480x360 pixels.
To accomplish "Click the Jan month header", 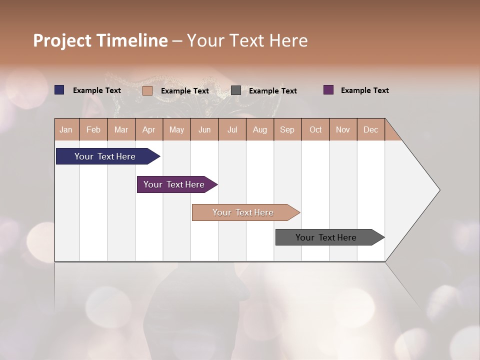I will coord(66,129).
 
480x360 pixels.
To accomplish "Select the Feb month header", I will coord(93,129).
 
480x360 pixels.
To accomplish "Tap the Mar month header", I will coord(121,129).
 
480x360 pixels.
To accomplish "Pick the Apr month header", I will coord(149,129).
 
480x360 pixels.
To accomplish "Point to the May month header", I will coord(176,129).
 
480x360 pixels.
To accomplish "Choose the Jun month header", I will coord(204,129).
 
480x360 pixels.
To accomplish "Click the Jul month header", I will coord(232,129).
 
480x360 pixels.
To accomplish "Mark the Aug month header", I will coord(260,129).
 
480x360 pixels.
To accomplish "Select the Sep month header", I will coord(287,129).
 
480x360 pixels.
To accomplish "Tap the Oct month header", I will coord(315,129).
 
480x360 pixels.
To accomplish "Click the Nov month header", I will coord(343,129).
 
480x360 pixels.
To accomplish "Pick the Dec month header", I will coord(371,129).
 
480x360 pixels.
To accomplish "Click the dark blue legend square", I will coord(59,90).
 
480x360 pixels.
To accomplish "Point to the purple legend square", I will coord(328,90).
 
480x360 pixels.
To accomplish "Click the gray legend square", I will coord(236,90).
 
